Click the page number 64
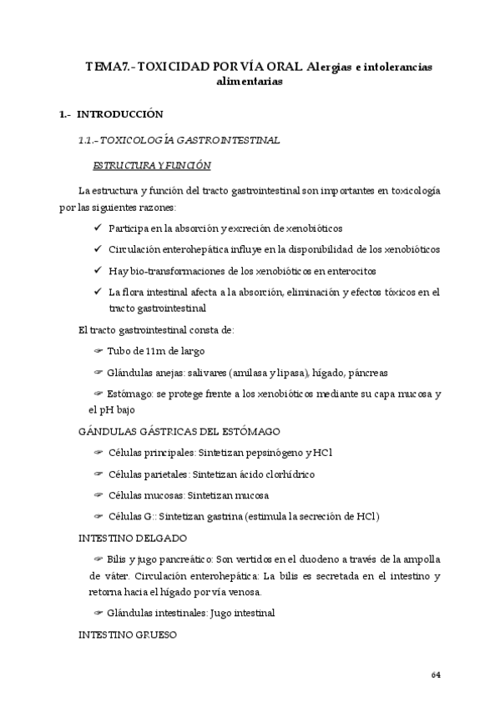click(435, 674)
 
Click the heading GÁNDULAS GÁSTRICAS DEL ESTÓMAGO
click(179, 431)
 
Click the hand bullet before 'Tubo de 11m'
click(98, 351)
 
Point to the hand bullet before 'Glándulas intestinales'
click(99, 613)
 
